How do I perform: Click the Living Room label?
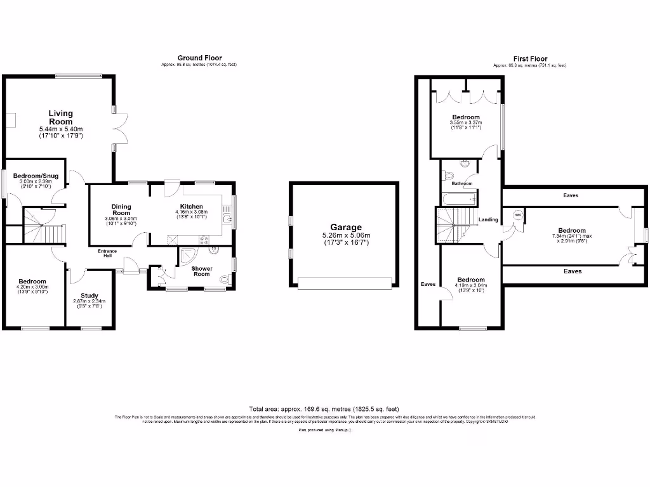61,117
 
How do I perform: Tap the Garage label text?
345,227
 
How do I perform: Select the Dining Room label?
121,209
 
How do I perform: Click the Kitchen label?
192,207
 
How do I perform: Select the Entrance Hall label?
107,254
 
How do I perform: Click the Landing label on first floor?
488,219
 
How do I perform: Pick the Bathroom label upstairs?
462,184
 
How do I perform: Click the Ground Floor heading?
199,58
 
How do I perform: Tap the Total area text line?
324,409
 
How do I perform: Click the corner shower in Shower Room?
188,255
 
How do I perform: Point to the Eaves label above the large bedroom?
571,196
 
